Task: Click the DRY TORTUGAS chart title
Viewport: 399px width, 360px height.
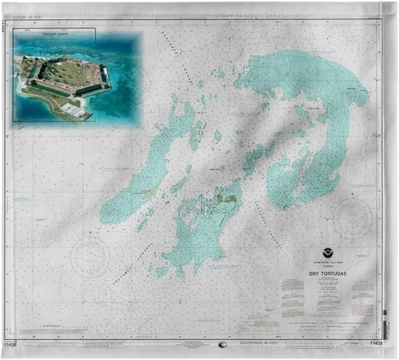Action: pyautogui.click(x=328, y=274)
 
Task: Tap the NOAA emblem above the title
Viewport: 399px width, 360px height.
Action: pyautogui.click(x=328, y=253)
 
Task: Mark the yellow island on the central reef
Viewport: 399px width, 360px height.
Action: pyautogui.click(x=229, y=198)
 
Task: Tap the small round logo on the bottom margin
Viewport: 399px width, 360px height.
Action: pyautogui.click(x=222, y=345)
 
